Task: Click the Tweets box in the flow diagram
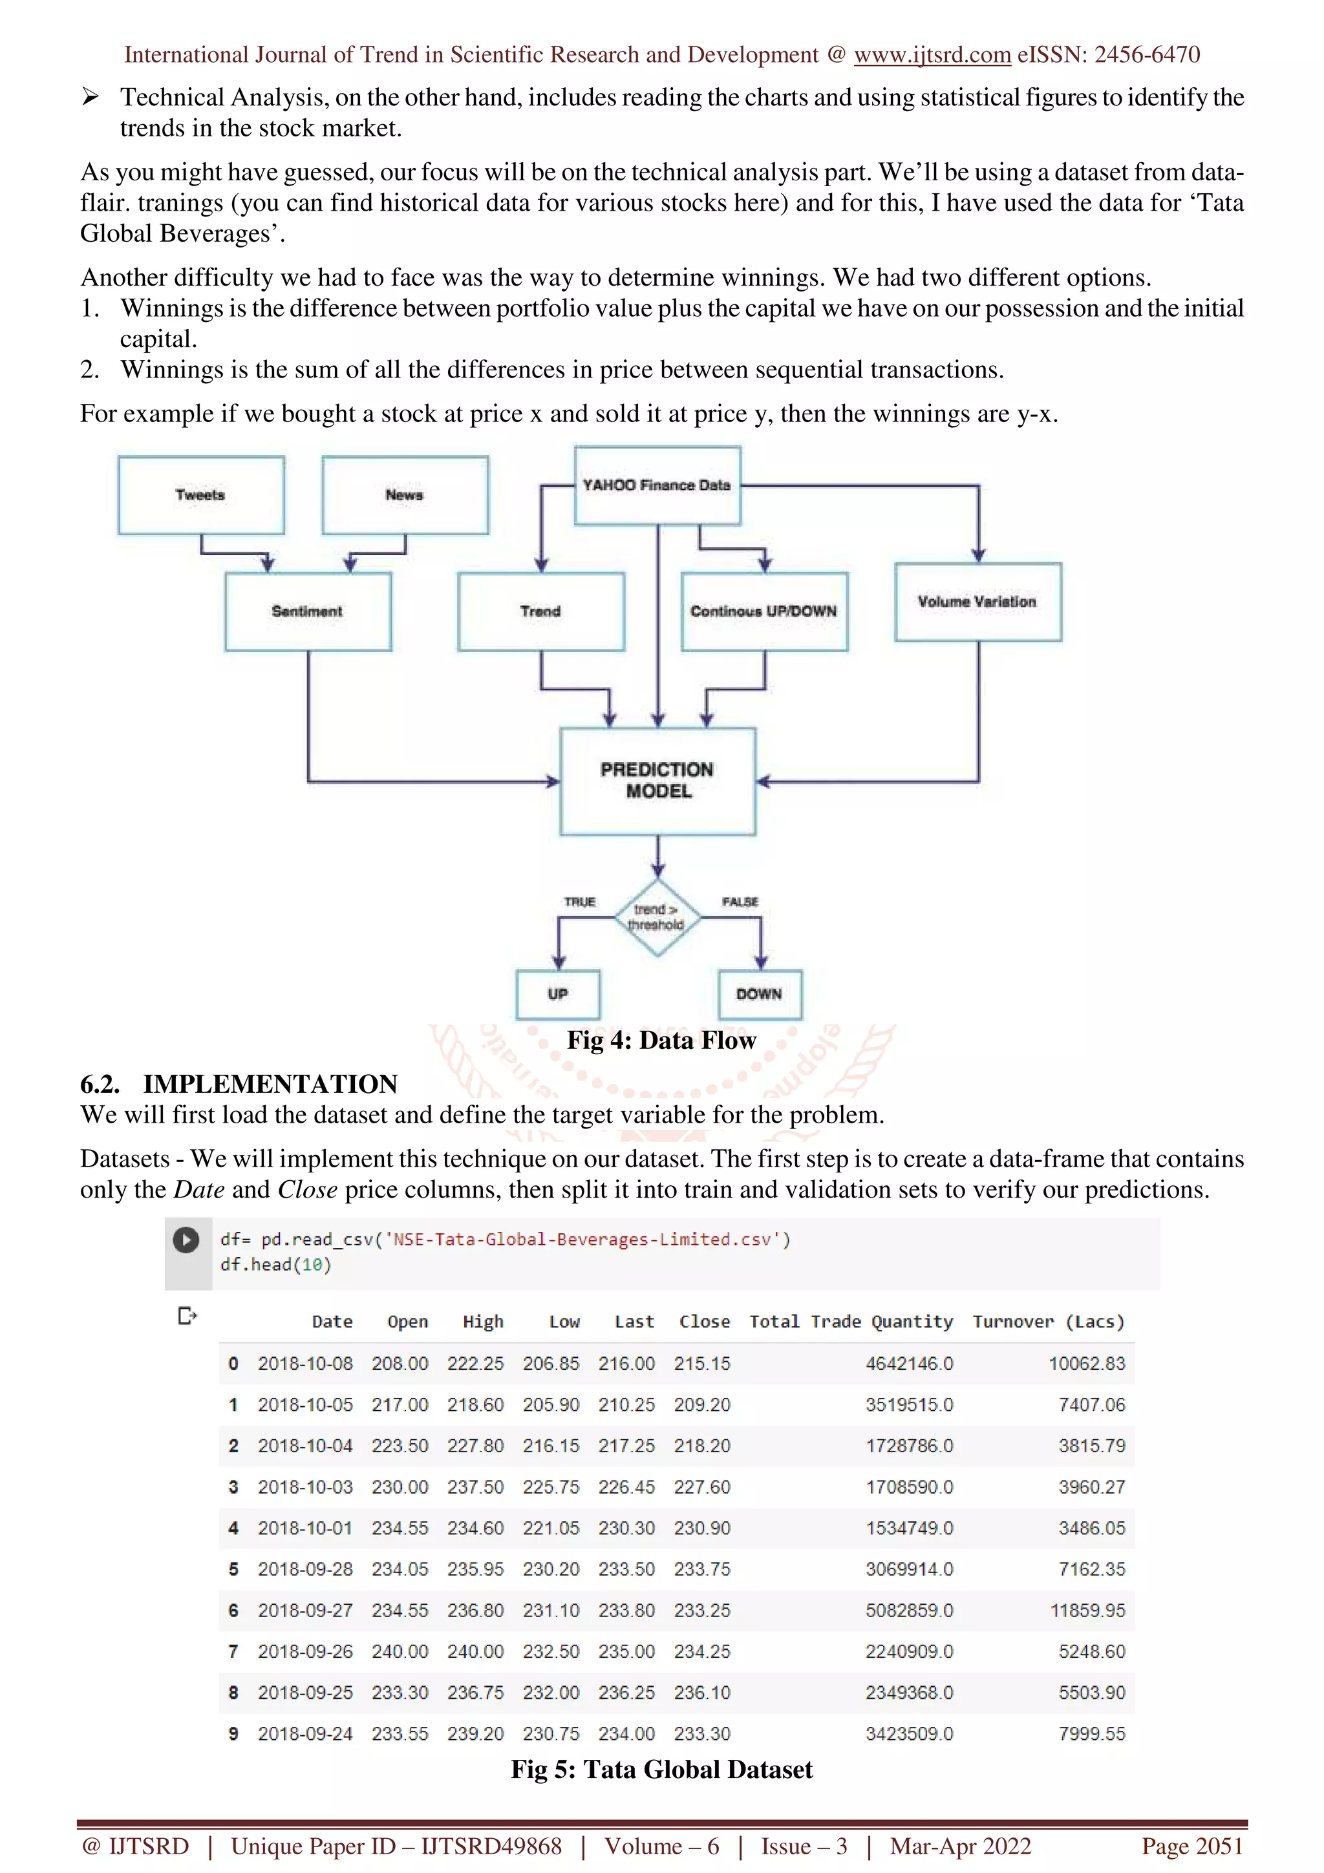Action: tap(200, 495)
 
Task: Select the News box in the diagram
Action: tap(405, 495)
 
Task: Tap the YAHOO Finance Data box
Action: tap(657, 485)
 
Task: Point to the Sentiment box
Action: tap(308, 611)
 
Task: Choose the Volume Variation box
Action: tap(977, 602)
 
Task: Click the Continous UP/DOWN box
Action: tap(763, 611)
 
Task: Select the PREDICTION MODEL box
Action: tap(657, 781)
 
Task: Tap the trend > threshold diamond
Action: tap(657, 918)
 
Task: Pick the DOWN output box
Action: tap(760, 995)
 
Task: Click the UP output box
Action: tap(558, 995)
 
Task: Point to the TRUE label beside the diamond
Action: tap(580, 902)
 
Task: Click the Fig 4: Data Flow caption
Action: tap(661, 1041)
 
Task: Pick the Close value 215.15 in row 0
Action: tap(701, 1364)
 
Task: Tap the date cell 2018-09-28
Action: tap(305, 1569)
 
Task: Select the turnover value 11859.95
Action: tap(1087, 1611)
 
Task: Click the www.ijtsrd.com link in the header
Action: tap(932, 55)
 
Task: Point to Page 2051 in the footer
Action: tap(1192, 1846)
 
